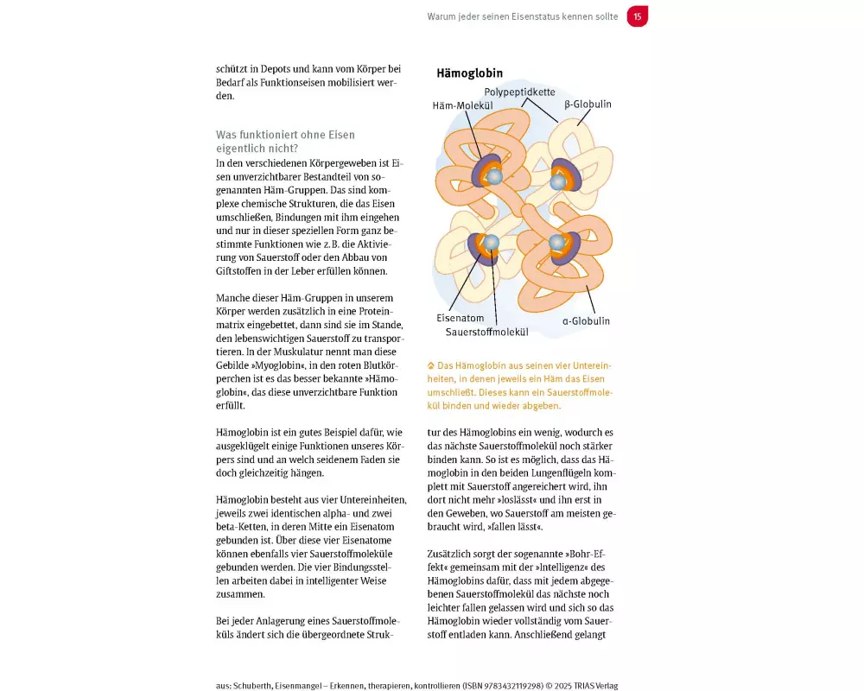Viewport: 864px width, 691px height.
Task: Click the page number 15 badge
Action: pos(638,16)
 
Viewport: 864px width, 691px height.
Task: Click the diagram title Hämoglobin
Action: pos(470,74)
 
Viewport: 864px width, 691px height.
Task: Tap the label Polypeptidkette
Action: pos(519,92)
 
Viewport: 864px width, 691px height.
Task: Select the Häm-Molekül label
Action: pos(462,105)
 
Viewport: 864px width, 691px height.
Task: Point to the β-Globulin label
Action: pos(588,105)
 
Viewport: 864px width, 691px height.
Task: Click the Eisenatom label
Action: pos(461,318)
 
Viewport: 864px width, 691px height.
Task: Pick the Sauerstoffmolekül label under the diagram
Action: pos(487,332)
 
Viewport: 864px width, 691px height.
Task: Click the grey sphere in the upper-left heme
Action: pos(494,176)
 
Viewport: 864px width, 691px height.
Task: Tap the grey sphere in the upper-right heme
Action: pos(558,182)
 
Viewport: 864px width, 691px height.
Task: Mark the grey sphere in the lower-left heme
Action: pos(491,243)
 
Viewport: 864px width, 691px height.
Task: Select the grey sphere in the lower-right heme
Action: pos(558,243)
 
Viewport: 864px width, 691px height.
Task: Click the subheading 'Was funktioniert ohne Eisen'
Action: pos(285,136)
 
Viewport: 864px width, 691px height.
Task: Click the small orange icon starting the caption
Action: pos(431,366)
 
